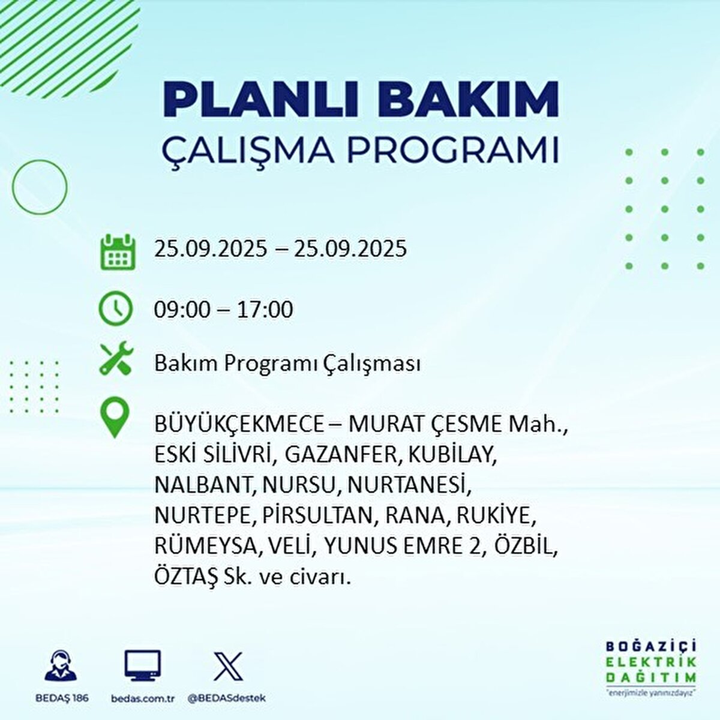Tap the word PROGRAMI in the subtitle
[x=453, y=151]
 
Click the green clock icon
[x=115, y=308]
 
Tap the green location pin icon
[x=115, y=418]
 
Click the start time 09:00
[x=182, y=310]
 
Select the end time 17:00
[x=265, y=310]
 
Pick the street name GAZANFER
[x=341, y=455]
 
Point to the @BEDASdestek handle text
[x=226, y=698]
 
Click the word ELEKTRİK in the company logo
[x=651, y=662]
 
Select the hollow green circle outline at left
[x=40, y=187]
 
